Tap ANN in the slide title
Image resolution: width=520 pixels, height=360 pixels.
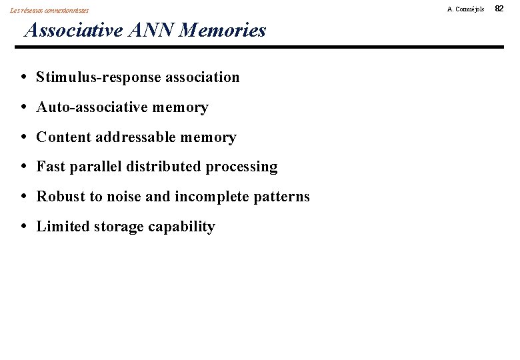pyautogui.click(x=153, y=30)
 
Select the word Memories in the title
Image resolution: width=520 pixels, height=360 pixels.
pyautogui.click(x=223, y=30)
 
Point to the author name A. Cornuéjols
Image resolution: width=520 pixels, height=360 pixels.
pyautogui.click(x=466, y=9)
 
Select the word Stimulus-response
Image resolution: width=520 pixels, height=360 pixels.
pyautogui.click(x=99, y=77)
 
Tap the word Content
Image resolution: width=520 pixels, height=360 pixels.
pyautogui.click(x=64, y=137)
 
